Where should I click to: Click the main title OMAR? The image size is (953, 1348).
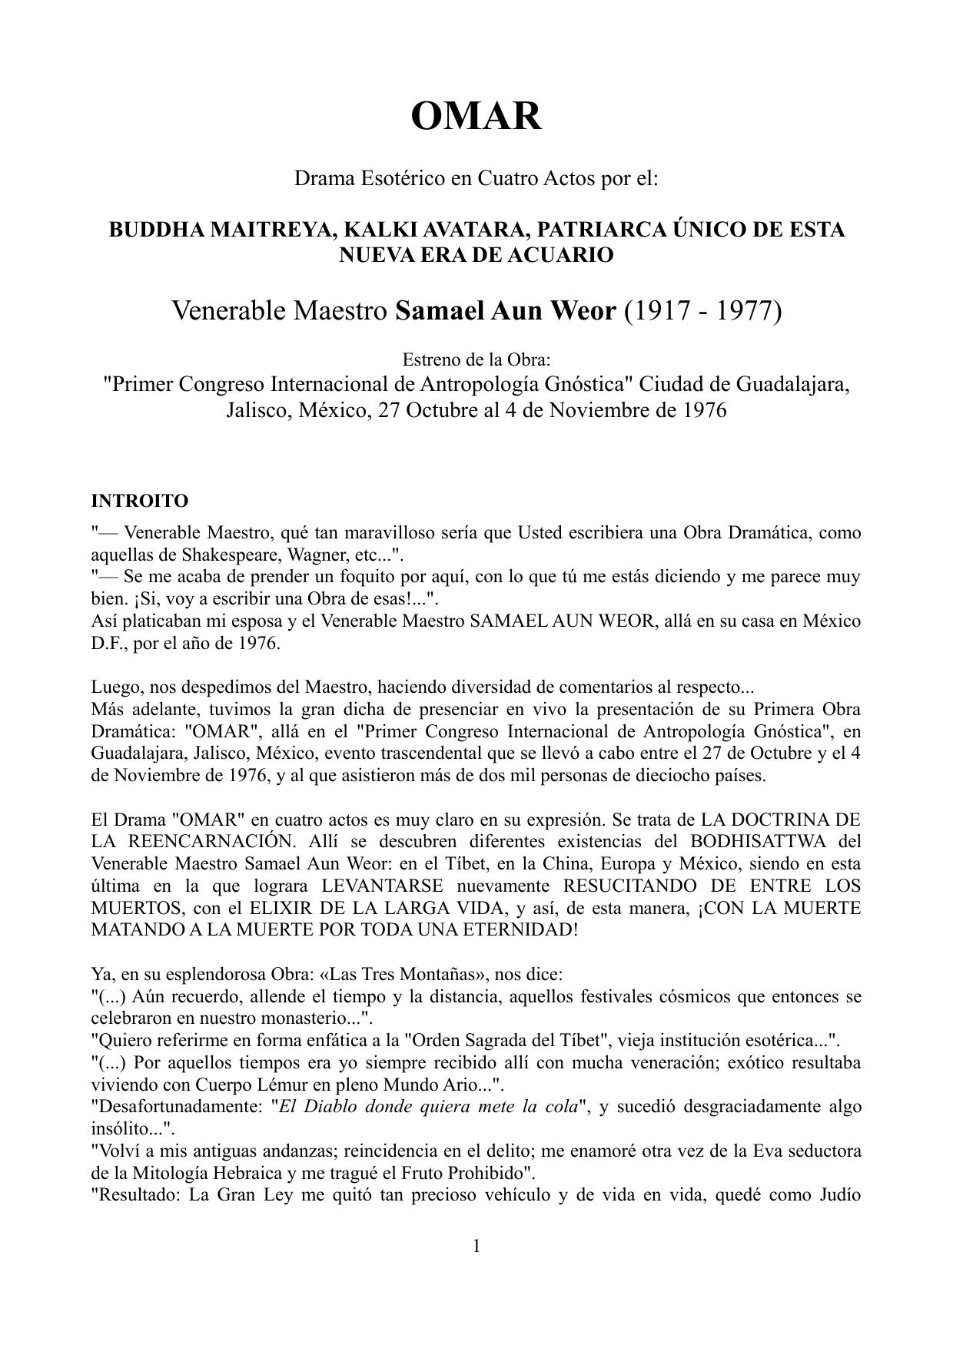[476, 117]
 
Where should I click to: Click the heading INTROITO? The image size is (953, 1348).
[139, 502]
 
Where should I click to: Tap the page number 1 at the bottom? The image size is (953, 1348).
[476, 1246]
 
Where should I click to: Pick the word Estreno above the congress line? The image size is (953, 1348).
[432, 359]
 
